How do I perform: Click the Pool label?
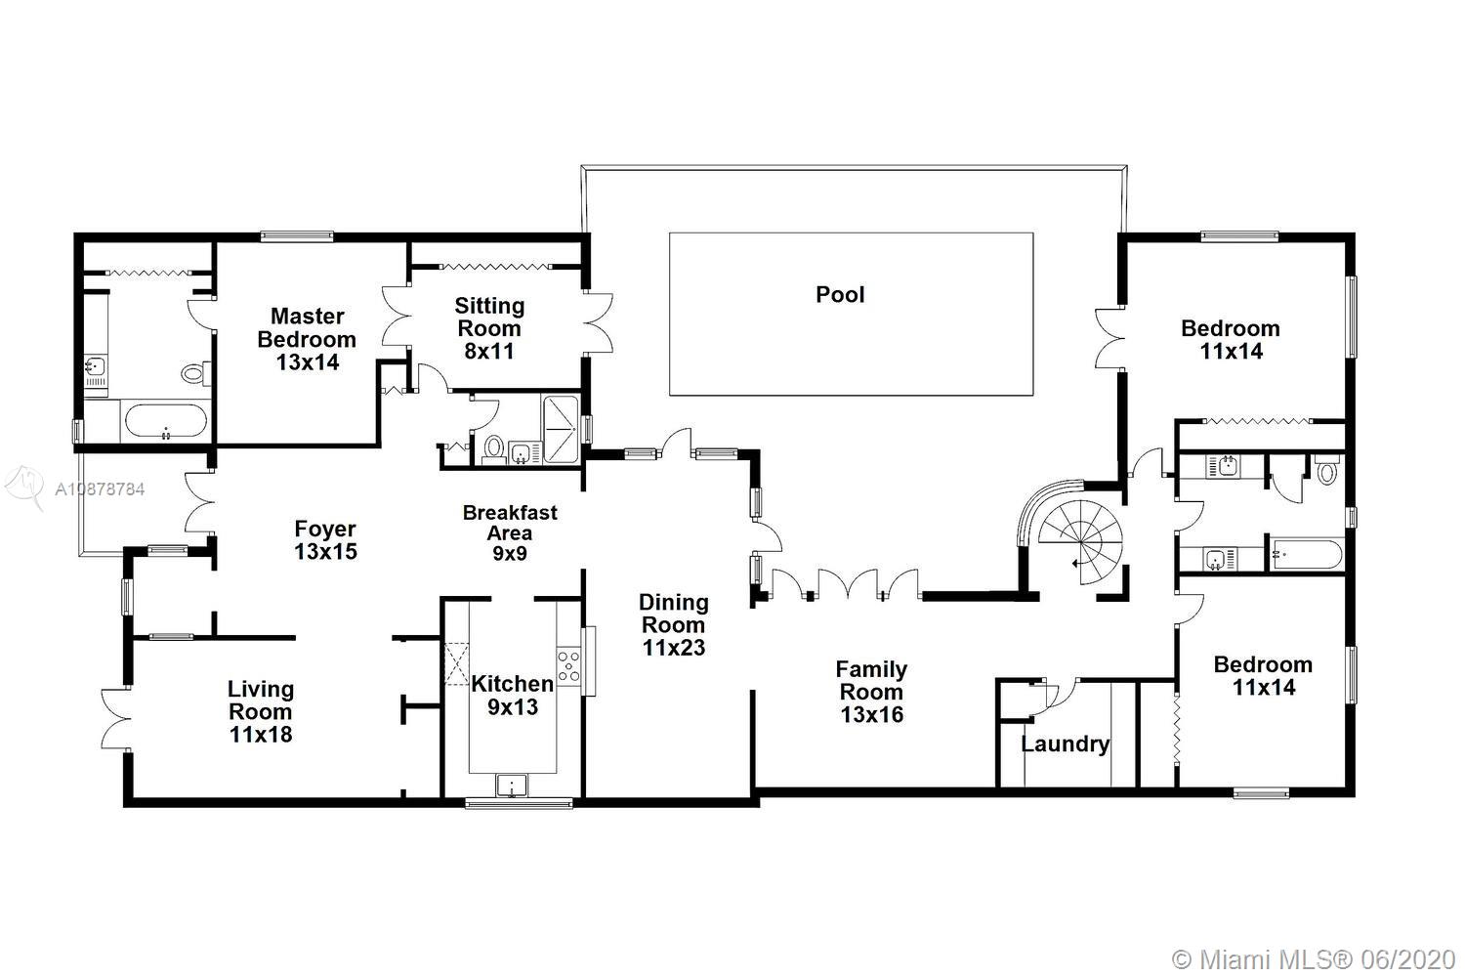[x=840, y=294]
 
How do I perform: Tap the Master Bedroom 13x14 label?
[x=307, y=339]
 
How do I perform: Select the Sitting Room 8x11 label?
[x=489, y=328]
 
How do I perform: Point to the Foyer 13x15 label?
[x=325, y=540]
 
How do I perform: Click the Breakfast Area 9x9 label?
[x=510, y=532]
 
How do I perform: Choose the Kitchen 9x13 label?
[x=513, y=695]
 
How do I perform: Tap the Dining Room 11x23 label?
[x=674, y=625]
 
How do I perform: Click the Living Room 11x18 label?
[x=261, y=711]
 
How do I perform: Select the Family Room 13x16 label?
[x=872, y=692]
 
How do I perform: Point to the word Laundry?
[x=1065, y=744]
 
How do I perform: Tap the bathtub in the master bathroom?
[x=165, y=422]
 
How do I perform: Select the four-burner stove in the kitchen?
[x=568, y=666]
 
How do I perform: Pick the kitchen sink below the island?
[x=512, y=785]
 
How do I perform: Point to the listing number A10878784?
[x=100, y=488]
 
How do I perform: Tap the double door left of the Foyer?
[x=199, y=502]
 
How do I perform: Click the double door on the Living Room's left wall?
[x=116, y=718]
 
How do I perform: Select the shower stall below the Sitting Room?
[x=561, y=429]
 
